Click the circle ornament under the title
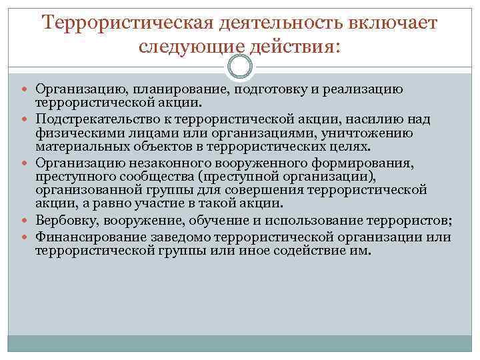tap(240, 66)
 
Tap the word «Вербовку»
tap(63, 221)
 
